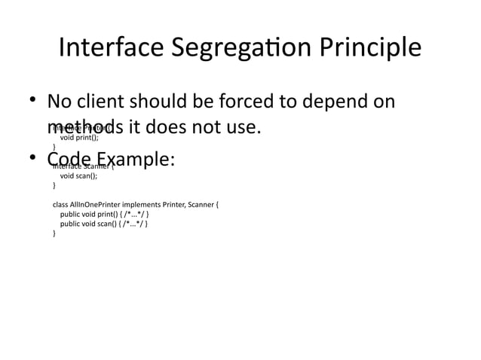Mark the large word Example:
click(136, 160)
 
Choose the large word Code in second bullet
click(68, 160)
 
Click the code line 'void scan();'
click(79, 175)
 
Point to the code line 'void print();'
click(80, 138)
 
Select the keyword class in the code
click(60, 204)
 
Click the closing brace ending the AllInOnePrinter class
click(54, 233)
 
